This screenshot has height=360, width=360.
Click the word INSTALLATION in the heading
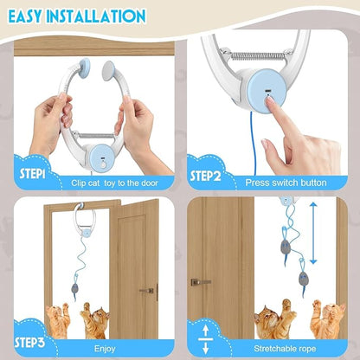[x=102, y=16]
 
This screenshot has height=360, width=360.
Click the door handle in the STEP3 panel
[x=146, y=291]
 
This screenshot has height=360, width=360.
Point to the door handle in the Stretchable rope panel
[x=201, y=281]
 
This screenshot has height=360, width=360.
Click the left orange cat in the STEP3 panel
[x=57, y=322]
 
